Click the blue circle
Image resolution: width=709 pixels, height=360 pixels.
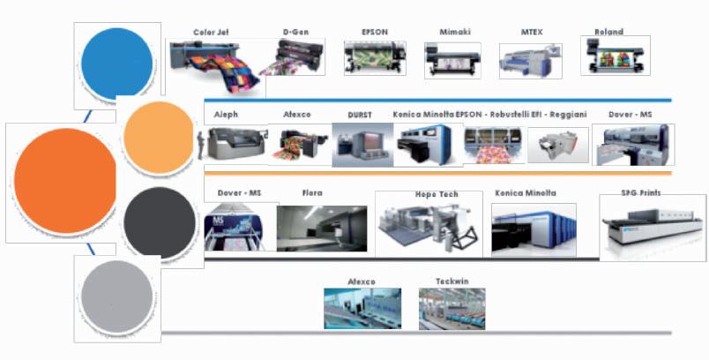[117, 63]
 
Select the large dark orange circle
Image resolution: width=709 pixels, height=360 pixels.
[65, 182]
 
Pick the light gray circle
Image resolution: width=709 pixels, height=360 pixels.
[117, 297]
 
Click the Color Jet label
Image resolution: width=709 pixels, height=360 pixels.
[212, 33]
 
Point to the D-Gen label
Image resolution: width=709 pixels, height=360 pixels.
[295, 33]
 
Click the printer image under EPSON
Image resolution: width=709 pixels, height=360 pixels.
[375, 57]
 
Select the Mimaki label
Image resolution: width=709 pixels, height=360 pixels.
[455, 33]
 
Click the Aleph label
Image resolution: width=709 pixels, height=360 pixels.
[226, 115]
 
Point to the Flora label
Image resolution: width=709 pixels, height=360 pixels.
[312, 192]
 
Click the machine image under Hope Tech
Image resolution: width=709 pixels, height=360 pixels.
[429, 226]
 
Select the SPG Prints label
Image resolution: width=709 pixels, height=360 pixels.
[641, 192]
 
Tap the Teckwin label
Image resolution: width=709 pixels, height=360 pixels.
[451, 281]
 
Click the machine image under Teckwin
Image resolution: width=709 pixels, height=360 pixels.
[452, 309]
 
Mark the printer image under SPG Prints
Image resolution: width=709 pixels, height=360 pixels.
[652, 228]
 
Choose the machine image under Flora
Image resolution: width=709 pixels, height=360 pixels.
[321, 228]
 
